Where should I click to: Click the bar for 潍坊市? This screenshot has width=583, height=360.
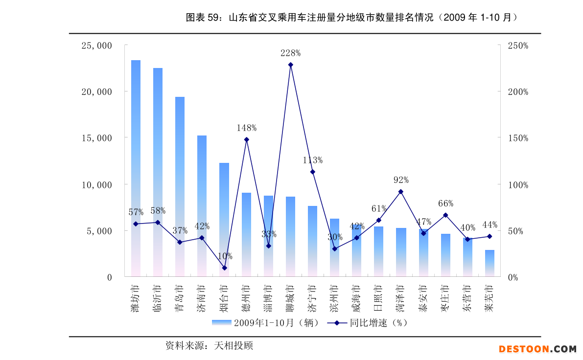tap(136, 168)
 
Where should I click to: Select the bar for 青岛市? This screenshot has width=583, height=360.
tap(180, 186)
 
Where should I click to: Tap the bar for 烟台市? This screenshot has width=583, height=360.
tap(224, 220)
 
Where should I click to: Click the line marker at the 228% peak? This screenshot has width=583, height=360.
tap(290, 65)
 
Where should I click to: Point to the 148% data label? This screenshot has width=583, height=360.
tap(247, 128)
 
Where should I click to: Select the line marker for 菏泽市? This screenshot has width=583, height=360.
tap(400, 192)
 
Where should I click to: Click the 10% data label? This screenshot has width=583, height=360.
tap(225, 256)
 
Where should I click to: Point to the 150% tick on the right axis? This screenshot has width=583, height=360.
tap(518, 138)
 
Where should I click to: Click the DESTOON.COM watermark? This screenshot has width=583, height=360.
tap(537, 349)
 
